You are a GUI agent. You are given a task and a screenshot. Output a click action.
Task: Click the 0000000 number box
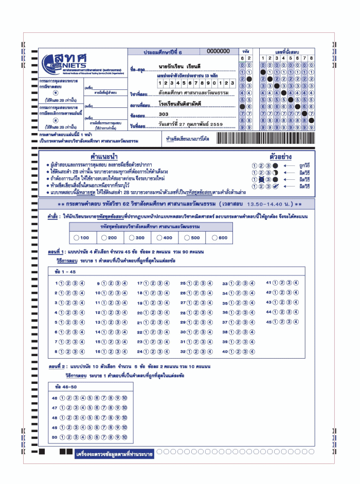point(218,51)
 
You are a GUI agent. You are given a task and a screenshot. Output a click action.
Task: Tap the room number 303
point(164,114)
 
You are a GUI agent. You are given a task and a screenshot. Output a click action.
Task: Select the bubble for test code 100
point(77,238)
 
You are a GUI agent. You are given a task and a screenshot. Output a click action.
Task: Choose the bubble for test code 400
point(159,238)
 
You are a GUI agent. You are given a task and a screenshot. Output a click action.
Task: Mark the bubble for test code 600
point(214,238)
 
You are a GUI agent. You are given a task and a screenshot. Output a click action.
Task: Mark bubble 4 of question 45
point(296,322)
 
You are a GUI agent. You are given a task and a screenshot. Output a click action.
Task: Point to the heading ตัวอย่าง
point(281,156)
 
